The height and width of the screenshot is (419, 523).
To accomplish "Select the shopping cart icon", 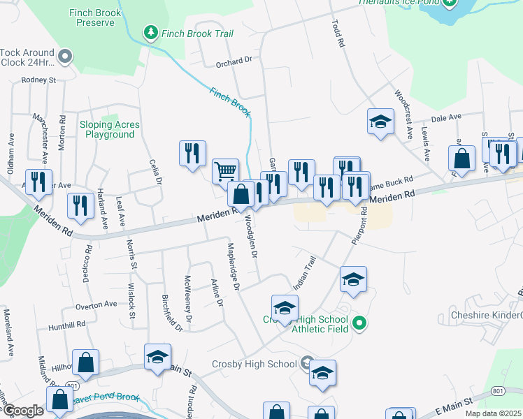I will click(225, 170).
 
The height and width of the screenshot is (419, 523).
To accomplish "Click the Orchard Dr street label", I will click(234, 61).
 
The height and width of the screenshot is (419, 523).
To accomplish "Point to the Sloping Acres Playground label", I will click(108, 129).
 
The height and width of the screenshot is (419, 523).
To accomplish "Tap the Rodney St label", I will click(38, 80).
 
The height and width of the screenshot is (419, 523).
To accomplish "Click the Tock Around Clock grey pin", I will click(66, 57).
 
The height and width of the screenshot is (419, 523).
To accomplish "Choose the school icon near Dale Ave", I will click(380, 122).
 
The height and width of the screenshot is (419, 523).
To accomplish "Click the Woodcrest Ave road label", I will click(405, 112).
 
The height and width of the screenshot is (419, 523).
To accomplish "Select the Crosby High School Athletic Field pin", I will click(359, 323).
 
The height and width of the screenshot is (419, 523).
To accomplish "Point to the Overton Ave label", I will click(96, 305).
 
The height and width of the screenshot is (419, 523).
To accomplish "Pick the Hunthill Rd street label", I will click(66, 325).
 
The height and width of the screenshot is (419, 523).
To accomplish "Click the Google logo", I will click(22, 411).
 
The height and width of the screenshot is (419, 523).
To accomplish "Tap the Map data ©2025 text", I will click(493, 413).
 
